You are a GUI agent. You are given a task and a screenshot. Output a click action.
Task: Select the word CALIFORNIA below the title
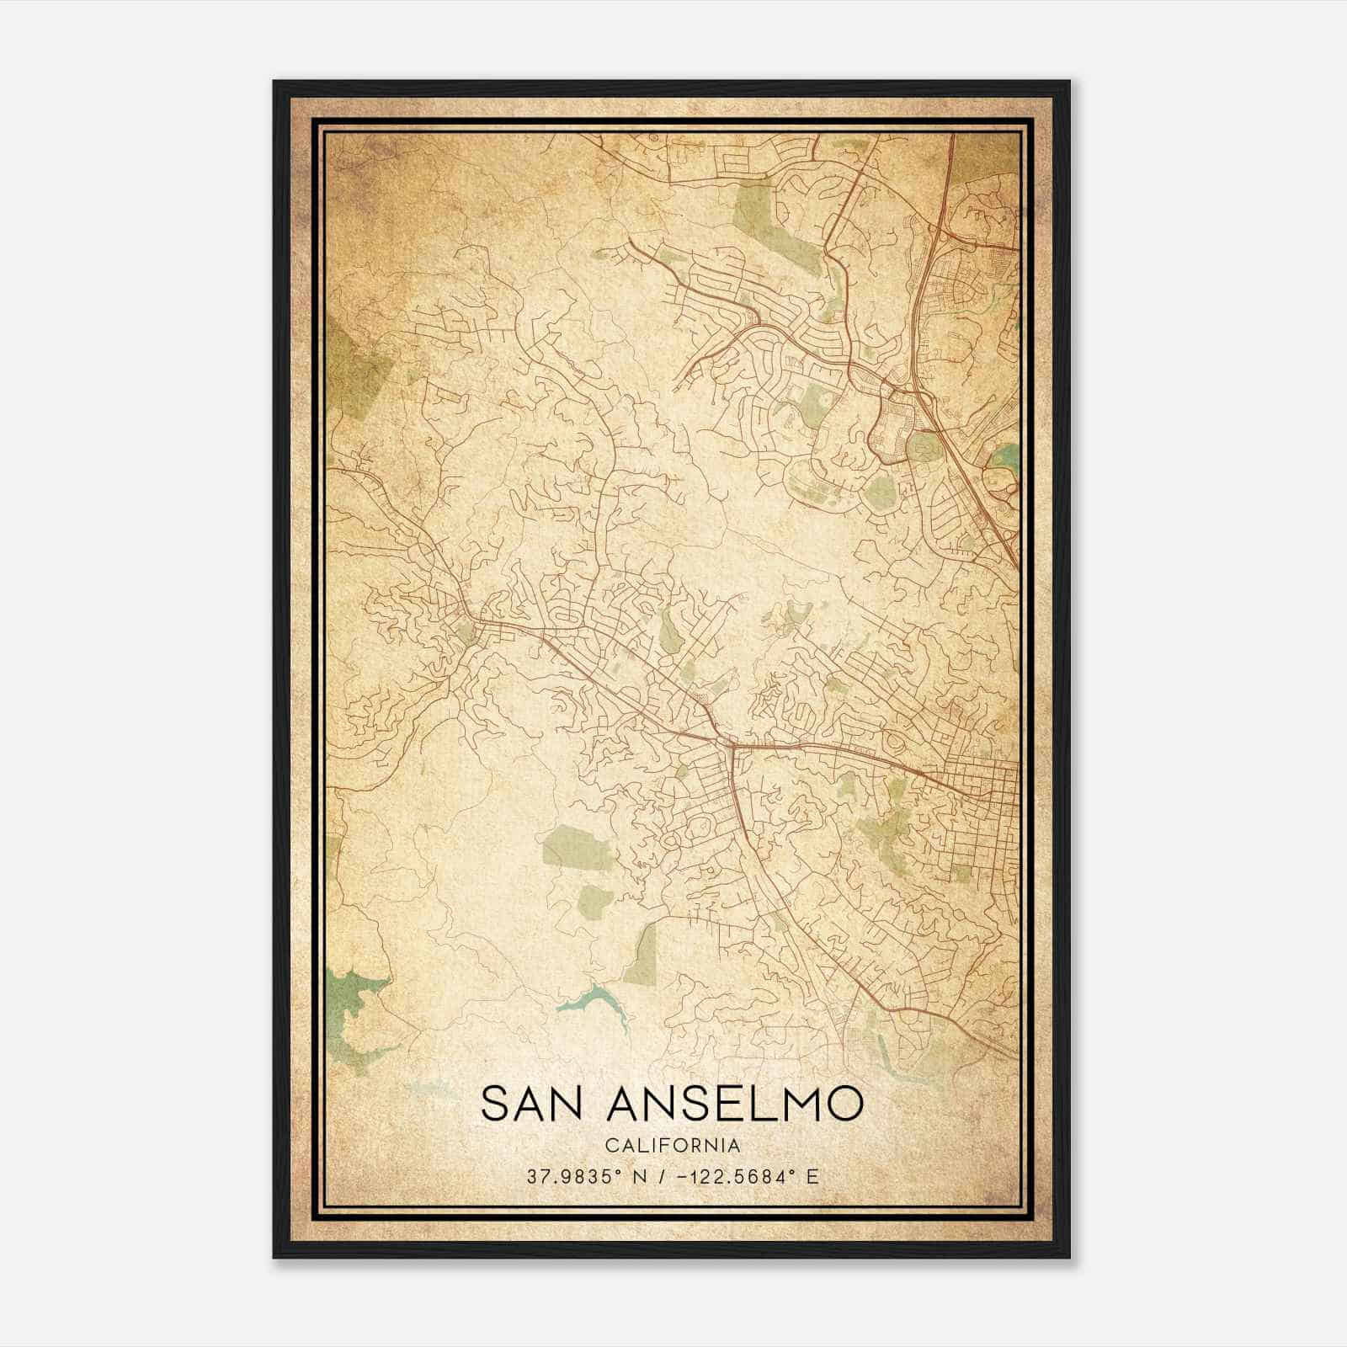click(x=673, y=1145)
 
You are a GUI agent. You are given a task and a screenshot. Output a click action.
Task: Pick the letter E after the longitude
click(x=812, y=1177)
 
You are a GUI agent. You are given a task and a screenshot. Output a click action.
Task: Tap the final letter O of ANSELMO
click(x=844, y=1104)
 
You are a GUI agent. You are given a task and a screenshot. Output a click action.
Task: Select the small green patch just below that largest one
click(x=597, y=901)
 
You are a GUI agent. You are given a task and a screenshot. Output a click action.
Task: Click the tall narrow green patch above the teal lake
click(x=643, y=956)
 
